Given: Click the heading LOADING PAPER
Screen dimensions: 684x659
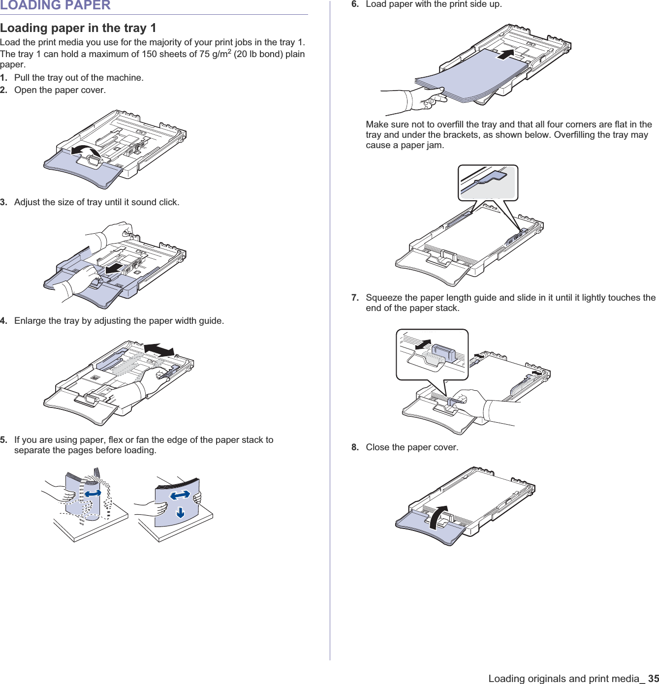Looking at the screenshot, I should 55,5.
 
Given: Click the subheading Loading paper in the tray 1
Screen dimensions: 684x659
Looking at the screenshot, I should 78,28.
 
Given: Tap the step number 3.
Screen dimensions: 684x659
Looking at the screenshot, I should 3,202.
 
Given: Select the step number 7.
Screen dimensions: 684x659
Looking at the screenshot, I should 355,298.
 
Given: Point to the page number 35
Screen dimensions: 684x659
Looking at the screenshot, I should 653,679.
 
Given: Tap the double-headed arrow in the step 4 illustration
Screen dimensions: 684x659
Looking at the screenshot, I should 159,349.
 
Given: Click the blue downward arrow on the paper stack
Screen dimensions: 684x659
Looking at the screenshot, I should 181,512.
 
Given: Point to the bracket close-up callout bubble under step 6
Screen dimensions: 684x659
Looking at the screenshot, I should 488,183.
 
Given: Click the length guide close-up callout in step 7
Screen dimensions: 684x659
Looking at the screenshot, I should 432,354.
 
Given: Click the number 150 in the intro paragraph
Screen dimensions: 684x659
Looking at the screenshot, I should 150,54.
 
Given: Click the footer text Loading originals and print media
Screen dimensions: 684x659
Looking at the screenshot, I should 564,679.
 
